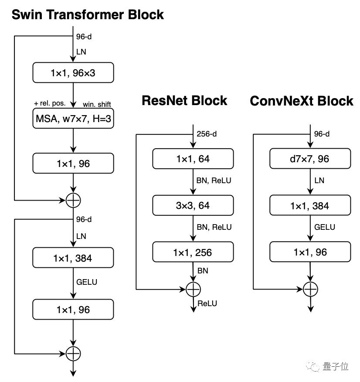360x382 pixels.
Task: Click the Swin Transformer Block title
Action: pos(88,14)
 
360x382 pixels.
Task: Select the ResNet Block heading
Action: pos(184,101)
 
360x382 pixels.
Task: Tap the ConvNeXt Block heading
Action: pos(302,101)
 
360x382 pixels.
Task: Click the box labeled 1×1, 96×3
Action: pos(73,73)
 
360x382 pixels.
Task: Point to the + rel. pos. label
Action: pos(49,104)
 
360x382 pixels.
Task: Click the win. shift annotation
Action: pos(97,104)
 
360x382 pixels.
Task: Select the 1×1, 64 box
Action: pos(193,159)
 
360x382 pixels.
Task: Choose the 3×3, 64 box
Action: pos(193,205)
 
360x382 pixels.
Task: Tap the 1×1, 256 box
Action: pos(193,252)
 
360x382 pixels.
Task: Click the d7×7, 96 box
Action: pos(310,159)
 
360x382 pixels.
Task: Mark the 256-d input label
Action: pos(207,134)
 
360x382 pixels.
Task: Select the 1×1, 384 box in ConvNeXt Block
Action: pos(310,205)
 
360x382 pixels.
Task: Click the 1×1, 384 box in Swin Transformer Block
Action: pos(73,258)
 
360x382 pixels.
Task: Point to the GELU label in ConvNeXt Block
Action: pos(325,227)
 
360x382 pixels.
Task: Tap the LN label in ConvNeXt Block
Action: pos(319,181)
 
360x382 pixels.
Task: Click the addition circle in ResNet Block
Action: pos(193,289)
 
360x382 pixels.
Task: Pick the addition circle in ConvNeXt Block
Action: pos(310,289)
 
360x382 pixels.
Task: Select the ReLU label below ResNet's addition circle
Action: pos(207,304)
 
